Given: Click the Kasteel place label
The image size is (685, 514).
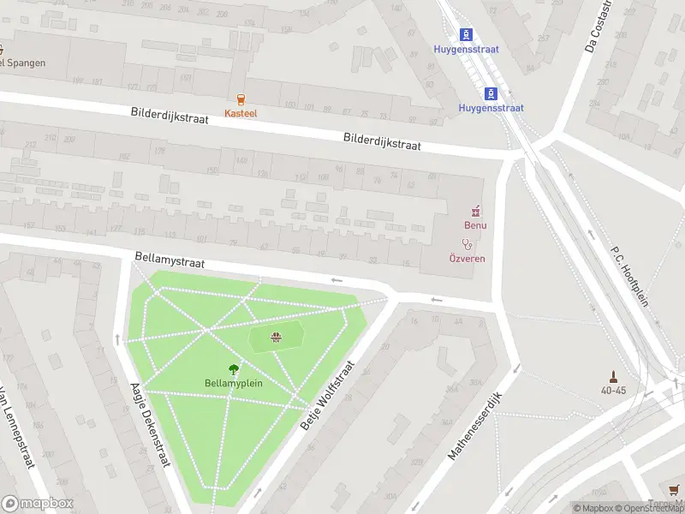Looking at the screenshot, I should point(241,113).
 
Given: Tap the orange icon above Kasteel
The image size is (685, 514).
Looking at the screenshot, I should point(241,99).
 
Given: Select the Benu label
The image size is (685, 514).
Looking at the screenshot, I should point(475,225).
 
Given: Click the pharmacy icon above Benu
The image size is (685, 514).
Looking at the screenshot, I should point(475,211).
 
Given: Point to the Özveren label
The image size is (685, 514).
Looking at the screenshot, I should point(468,259).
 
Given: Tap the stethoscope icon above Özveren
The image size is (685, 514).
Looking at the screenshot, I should point(468,244).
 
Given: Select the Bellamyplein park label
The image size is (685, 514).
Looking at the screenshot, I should point(233,383).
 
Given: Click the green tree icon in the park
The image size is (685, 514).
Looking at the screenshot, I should point(233,369).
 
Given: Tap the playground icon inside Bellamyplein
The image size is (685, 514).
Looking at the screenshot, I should point(276,338).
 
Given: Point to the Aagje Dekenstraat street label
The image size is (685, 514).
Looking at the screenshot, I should point(146,425).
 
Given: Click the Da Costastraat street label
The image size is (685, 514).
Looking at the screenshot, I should point(599,26).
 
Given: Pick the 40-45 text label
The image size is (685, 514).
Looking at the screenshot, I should point(613,391).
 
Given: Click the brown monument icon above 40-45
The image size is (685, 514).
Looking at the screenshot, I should point(613,376).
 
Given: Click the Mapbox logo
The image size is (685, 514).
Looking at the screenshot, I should point(37,503).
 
